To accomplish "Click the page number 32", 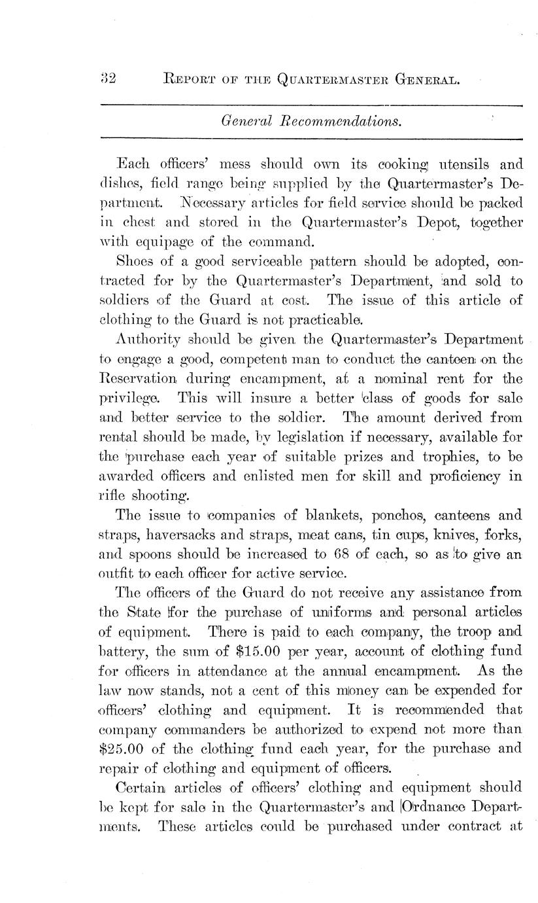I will click(107, 79).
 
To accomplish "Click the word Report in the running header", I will click(188, 80).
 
